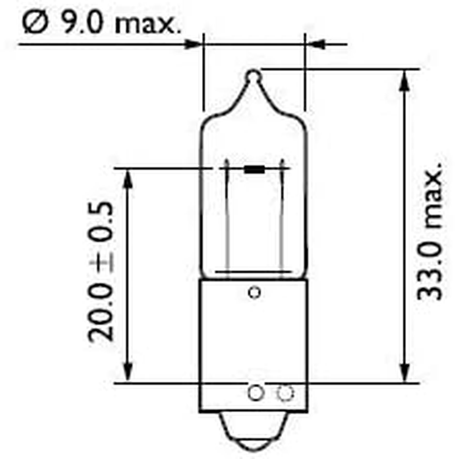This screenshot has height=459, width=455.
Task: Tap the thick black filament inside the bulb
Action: (x=254, y=169)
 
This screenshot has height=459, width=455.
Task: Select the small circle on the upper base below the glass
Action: (x=254, y=293)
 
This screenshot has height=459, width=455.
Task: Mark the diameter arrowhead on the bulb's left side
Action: (x=193, y=43)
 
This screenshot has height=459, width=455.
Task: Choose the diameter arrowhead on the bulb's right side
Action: (x=316, y=43)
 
